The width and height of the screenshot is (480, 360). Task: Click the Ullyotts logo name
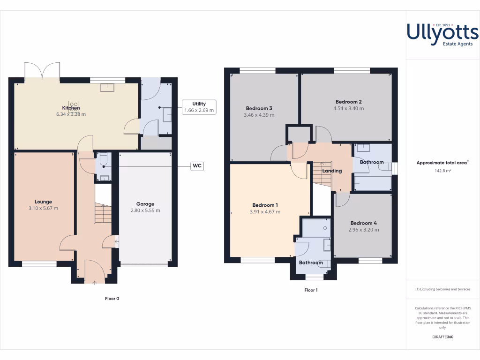(442, 32)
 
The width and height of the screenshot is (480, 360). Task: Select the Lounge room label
(43, 202)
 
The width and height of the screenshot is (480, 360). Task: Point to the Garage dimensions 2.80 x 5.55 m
(145, 210)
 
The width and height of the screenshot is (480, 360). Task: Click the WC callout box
(197, 165)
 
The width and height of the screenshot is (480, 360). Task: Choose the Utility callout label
(199, 104)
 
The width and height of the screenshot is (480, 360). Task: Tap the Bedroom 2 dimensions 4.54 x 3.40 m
(348, 108)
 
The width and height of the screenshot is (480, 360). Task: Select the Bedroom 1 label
(265, 205)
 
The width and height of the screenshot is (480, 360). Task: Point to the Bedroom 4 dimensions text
(363, 230)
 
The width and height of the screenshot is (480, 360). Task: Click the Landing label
(332, 171)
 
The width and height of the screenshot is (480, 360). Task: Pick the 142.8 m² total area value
(442, 171)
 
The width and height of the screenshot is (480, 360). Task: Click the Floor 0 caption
(112, 298)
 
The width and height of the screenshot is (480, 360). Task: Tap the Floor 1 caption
(311, 290)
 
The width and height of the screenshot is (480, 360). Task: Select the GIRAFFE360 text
(442, 337)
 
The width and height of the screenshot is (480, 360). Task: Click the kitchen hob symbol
(73, 104)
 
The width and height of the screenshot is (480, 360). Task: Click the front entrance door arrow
(95, 282)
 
